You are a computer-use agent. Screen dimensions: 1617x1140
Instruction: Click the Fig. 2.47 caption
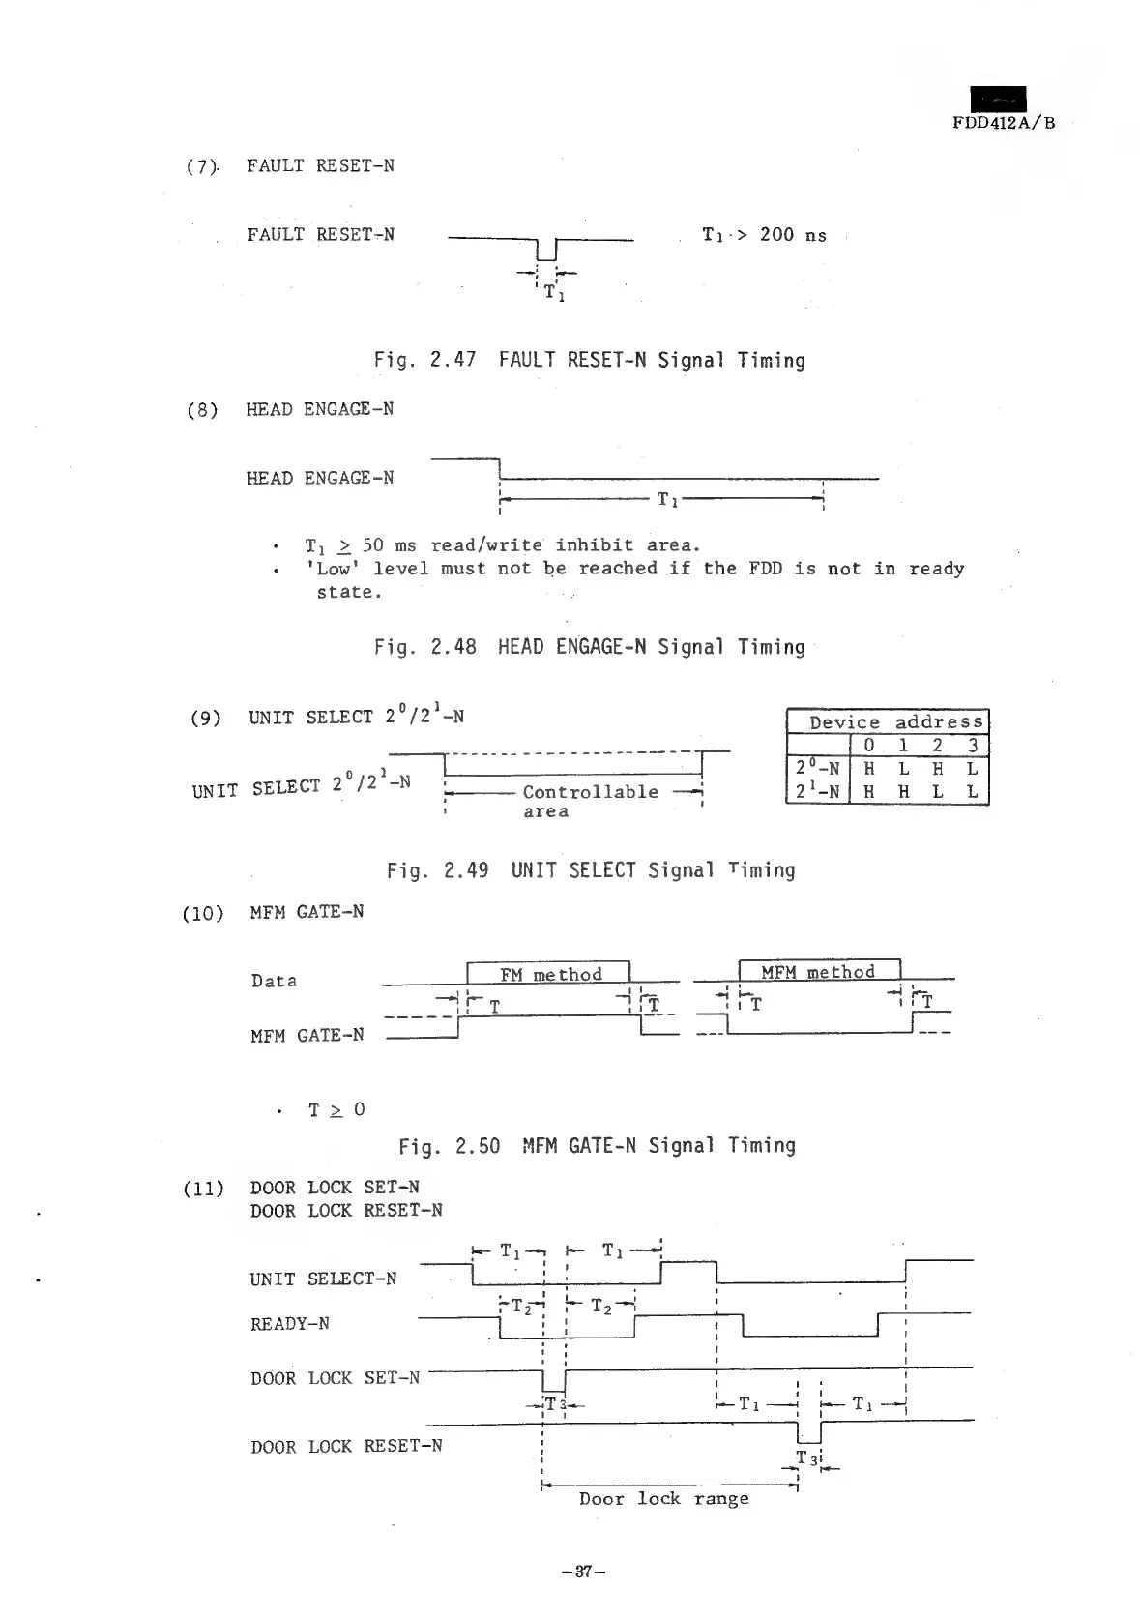tap(589, 361)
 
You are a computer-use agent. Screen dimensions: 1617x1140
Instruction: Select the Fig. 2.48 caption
tap(589, 647)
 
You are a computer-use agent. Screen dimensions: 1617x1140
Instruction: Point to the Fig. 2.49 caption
tap(590, 870)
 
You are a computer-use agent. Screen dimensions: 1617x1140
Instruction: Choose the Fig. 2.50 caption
tap(597, 1146)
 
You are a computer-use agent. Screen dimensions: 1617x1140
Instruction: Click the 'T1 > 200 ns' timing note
tap(764, 235)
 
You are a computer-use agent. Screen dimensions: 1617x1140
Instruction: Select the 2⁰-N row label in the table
tap(817, 769)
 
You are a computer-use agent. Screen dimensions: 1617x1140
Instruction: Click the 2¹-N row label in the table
tap(817, 792)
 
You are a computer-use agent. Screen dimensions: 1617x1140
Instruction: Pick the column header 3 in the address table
tap(973, 746)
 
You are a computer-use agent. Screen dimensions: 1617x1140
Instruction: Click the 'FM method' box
tap(549, 974)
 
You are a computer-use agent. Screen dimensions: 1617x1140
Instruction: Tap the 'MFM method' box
tap(818, 972)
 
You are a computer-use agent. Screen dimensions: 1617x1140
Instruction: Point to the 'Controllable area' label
tap(589, 801)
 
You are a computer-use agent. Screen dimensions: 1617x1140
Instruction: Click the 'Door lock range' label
tap(663, 1499)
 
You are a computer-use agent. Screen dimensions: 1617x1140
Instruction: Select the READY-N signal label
tap(290, 1324)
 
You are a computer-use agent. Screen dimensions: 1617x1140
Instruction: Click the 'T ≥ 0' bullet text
tap(336, 1109)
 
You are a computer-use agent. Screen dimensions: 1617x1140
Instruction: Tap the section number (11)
tap(203, 1188)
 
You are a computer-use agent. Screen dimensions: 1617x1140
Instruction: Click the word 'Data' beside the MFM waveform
tap(274, 981)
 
